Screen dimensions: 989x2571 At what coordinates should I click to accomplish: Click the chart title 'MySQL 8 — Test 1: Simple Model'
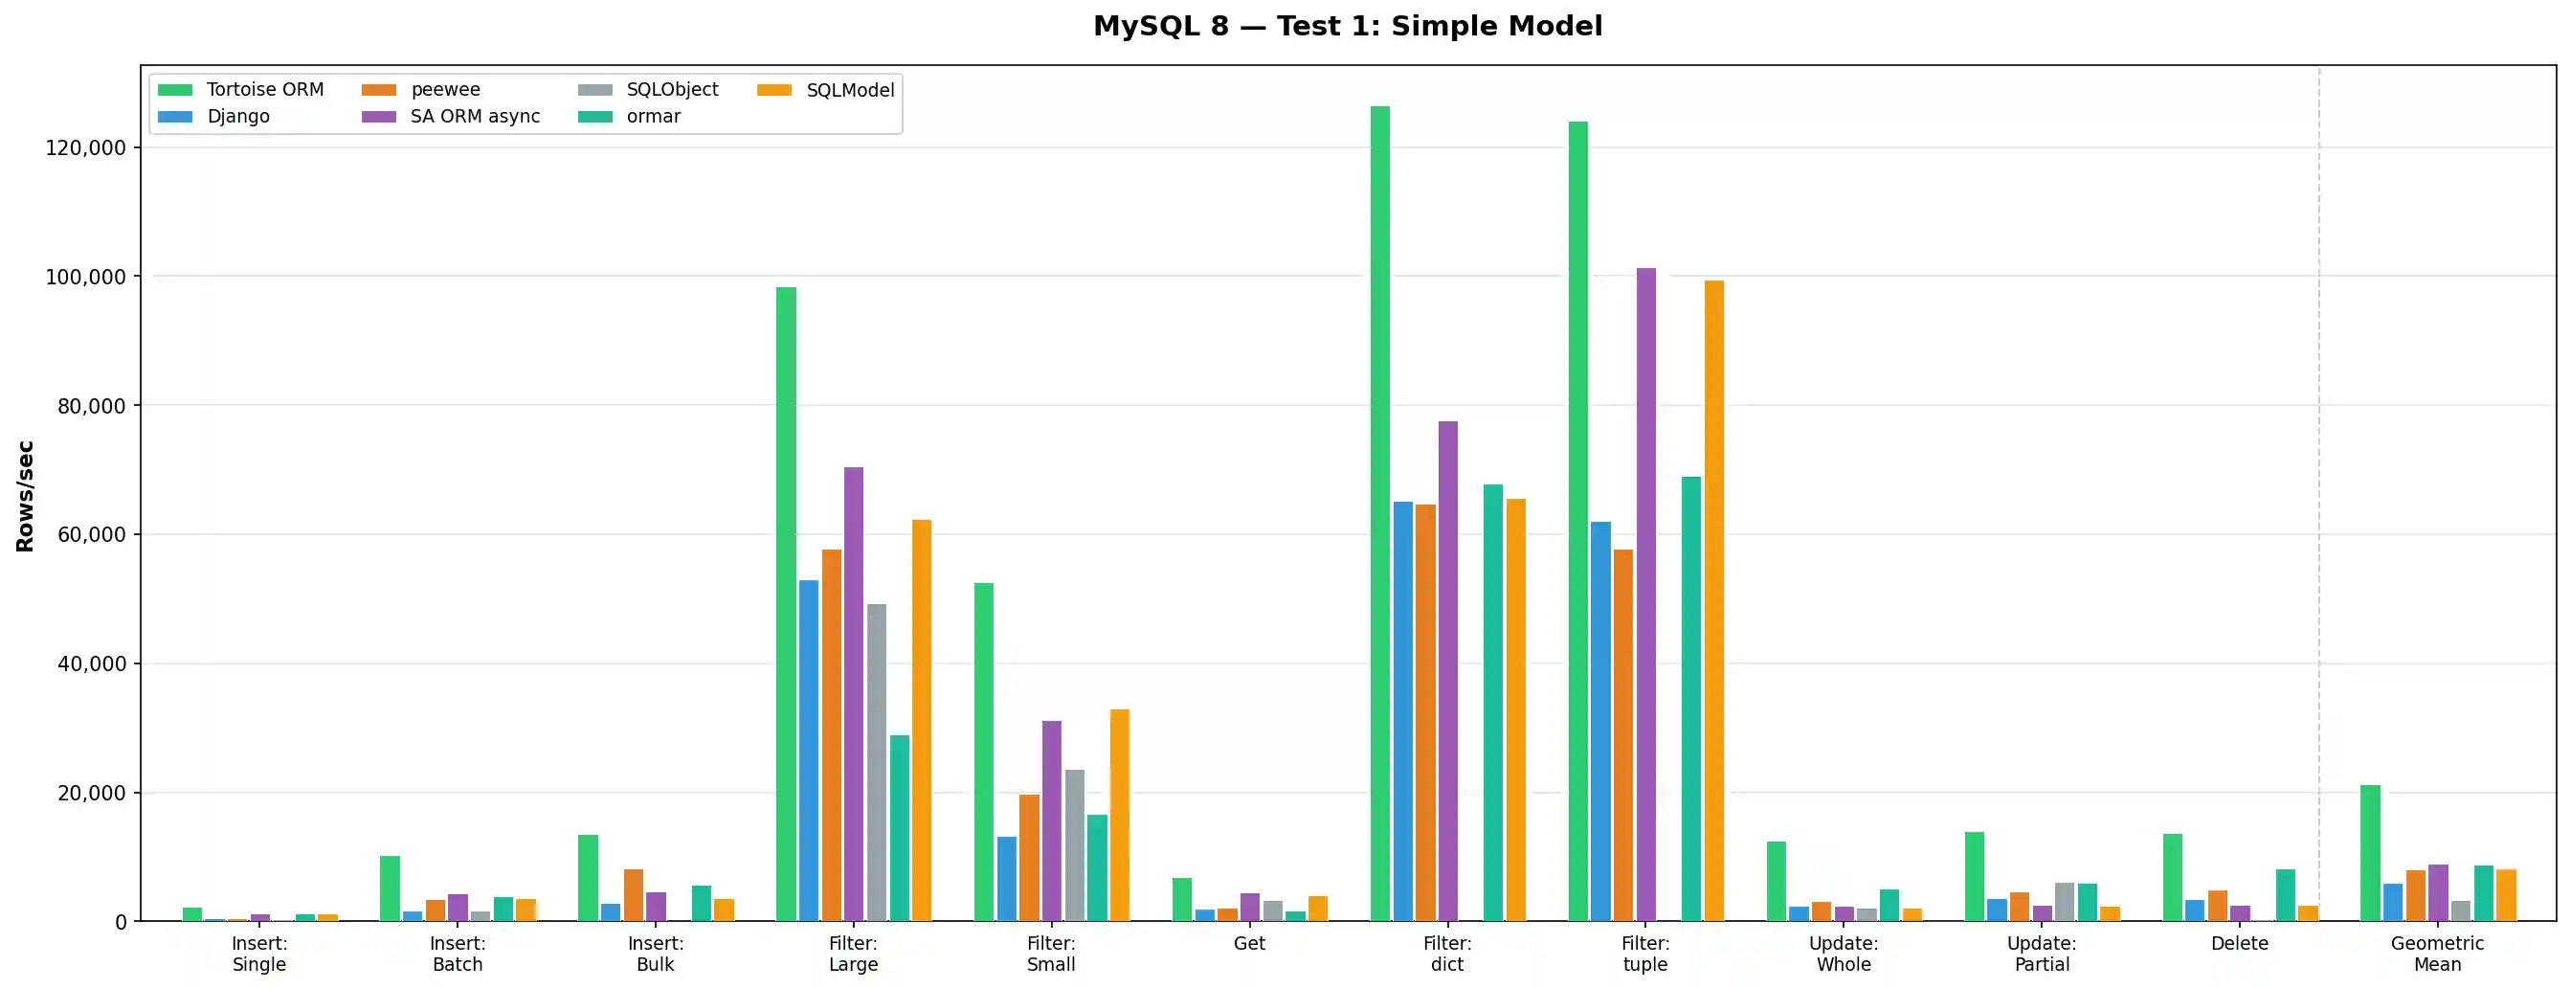tap(1348, 26)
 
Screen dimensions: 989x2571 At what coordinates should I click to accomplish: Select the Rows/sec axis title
tap(25, 496)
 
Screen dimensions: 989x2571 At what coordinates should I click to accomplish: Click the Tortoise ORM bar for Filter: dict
tap(1379, 513)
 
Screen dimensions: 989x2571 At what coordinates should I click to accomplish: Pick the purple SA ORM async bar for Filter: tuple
tap(1645, 594)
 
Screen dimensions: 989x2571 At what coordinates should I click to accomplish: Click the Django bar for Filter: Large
tap(809, 750)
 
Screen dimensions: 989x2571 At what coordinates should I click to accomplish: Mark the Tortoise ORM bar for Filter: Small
tap(983, 752)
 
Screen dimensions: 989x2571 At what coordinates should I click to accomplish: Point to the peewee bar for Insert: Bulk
tap(634, 895)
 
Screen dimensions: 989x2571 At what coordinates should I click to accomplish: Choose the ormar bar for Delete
tap(2286, 895)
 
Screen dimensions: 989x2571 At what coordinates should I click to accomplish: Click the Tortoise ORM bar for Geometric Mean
tap(2370, 852)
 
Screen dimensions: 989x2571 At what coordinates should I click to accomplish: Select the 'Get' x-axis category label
tap(1248, 944)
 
